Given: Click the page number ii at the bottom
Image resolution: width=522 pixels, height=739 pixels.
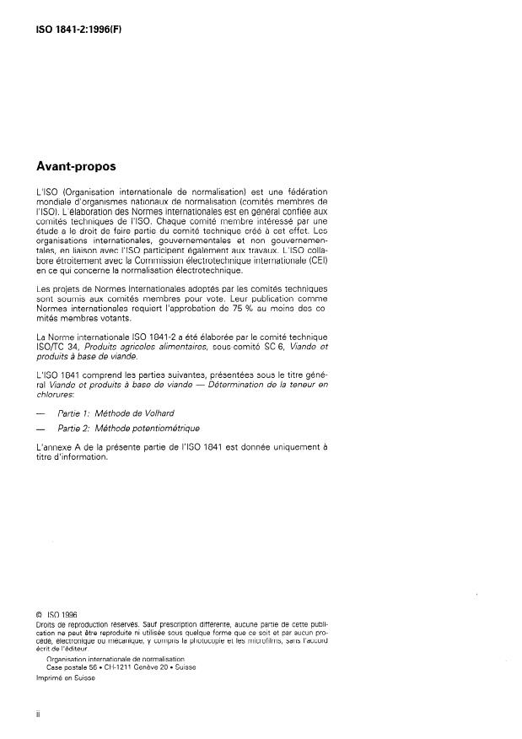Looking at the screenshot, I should [39, 713].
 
